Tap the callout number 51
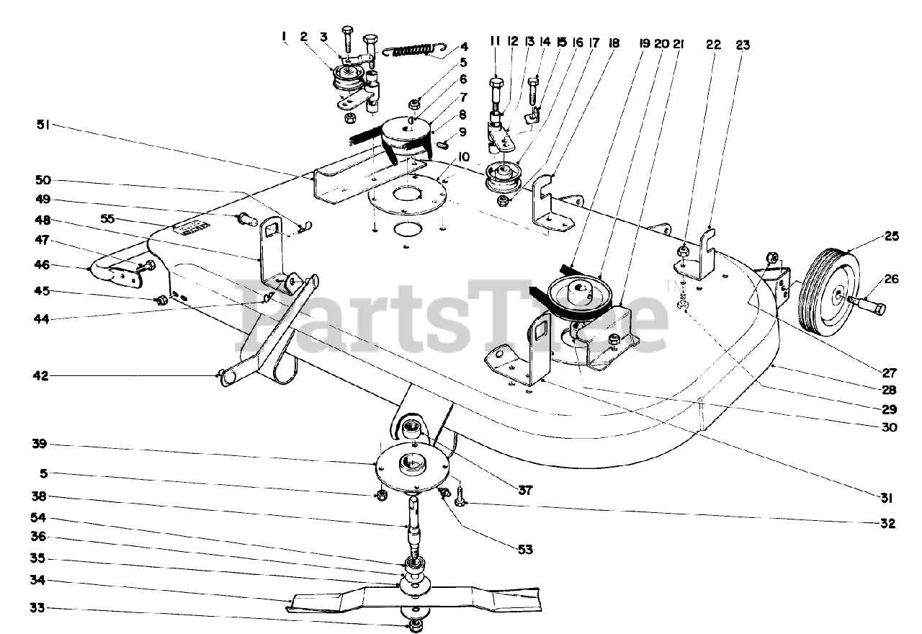coord(44,124)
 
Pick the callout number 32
coord(887,524)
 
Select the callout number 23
coord(743,45)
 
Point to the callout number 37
coord(524,491)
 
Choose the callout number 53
coord(524,549)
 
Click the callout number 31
coord(886,498)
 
